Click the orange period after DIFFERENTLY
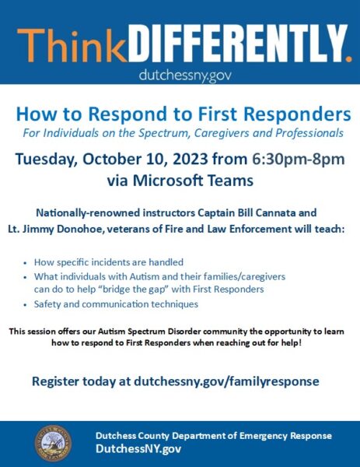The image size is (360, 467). click(x=349, y=58)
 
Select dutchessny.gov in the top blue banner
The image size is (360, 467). click(x=185, y=75)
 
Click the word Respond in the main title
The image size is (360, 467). click(x=128, y=114)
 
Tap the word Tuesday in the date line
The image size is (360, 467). click(x=47, y=160)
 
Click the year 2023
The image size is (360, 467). click(x=190, y=159)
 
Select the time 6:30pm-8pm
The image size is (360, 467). click(x=299, y=160)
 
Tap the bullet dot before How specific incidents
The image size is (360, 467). click(x=26, y=263)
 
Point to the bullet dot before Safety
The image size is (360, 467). click(x=26, y=305)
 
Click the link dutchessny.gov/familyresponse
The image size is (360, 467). click(x=226, y=381)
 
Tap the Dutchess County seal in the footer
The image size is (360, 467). click(x=53, y=443)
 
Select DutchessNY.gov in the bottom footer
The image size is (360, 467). click(x=138, y=448)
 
